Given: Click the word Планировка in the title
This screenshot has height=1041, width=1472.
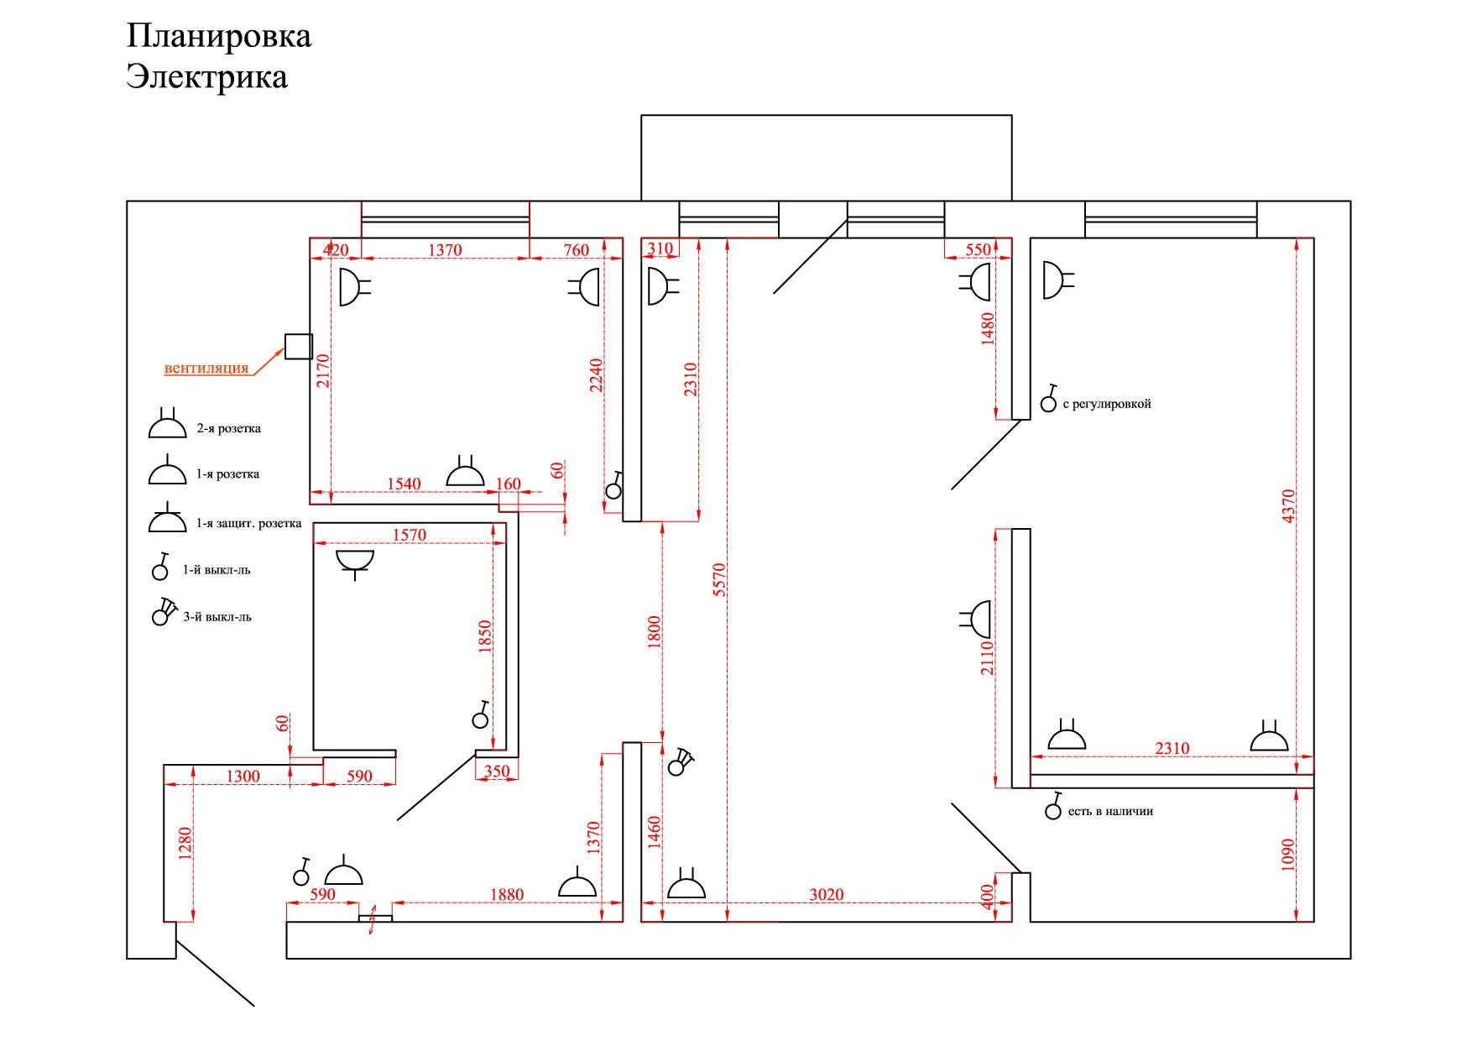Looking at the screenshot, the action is [x=219, y=36].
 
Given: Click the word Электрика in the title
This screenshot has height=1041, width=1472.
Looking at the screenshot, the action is [x=207, y=76].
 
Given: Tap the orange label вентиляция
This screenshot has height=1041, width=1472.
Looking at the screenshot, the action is [x=206, y=368].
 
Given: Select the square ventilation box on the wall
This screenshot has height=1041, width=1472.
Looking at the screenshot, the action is [x=298, y=346].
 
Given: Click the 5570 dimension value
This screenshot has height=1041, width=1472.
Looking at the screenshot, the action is [x=718, y=580].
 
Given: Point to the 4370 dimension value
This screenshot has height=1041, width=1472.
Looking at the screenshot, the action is [x=1289, y=506].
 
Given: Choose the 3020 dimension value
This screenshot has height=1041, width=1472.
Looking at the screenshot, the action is [x=827, y=895].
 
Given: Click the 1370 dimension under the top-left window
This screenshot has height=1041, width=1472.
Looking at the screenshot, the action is [x=445, y=250].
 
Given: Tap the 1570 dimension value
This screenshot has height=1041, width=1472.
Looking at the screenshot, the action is [x=410, y=535].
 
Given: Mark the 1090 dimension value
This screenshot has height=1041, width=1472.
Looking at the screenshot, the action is [x=1289, y=855].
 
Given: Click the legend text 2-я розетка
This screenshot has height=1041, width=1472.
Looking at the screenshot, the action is [x=228, y=428].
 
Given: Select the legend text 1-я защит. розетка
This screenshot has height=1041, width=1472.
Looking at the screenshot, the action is [x=248, y=523].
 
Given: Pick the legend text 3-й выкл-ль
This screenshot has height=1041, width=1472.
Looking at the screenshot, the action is [x=217, y=617].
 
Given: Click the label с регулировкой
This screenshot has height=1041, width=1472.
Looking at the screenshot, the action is [x=1107, y=404].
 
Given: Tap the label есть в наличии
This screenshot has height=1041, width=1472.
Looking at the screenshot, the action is [x=1110, y=812].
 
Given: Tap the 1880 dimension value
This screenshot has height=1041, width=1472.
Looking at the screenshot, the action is [x=507, y=895].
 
